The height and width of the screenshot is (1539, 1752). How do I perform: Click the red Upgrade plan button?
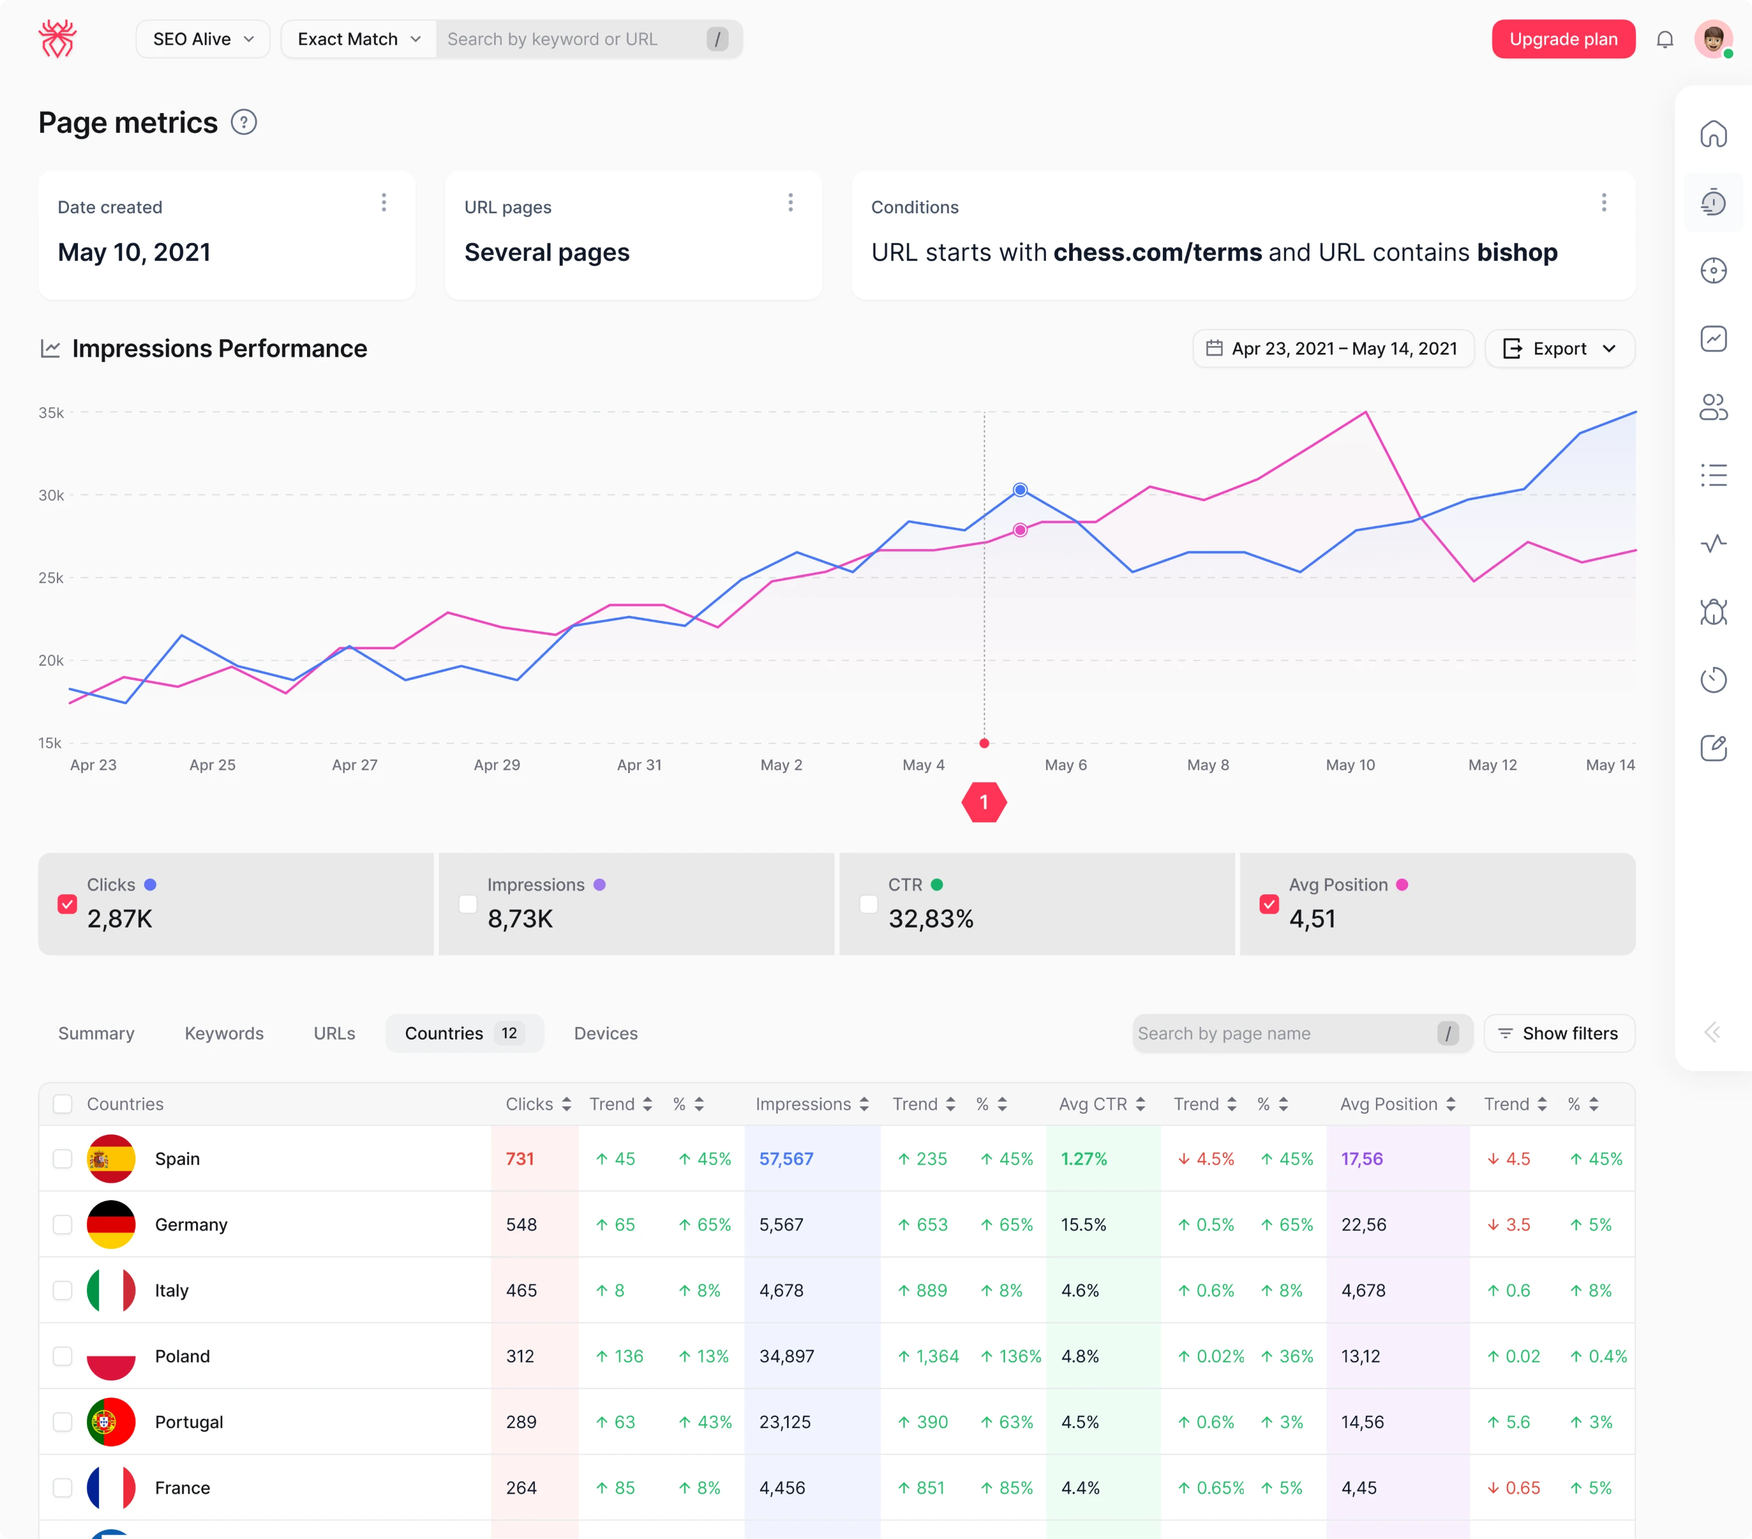[x=1563, y=40]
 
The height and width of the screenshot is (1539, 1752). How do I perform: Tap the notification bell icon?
[x=1664, y=40]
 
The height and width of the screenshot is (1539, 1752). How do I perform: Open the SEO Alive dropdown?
[x=203, y=40]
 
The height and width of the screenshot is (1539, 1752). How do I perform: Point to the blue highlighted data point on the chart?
[x=1019, y=490]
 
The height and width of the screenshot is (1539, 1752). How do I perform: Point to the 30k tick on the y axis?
[x=51, y=495]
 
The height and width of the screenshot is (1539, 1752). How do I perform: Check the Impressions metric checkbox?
[x=468, y=904]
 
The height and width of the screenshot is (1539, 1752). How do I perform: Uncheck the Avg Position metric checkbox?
[x=1269, y=904]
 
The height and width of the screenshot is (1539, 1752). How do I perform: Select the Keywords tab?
[x=224, y=1033]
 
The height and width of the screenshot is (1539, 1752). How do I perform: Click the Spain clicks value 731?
[x=520, y=1158]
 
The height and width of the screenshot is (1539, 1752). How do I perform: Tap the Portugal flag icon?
[x=111, y=1421]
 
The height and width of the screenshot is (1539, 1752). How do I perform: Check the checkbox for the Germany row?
[x=63, y=1225]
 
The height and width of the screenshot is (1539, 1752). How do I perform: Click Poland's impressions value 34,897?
[x=786, y=1356]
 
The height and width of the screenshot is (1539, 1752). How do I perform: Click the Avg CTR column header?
[x=1092, y=1104]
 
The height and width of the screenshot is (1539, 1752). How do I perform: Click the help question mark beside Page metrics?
[x=244, y=123]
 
